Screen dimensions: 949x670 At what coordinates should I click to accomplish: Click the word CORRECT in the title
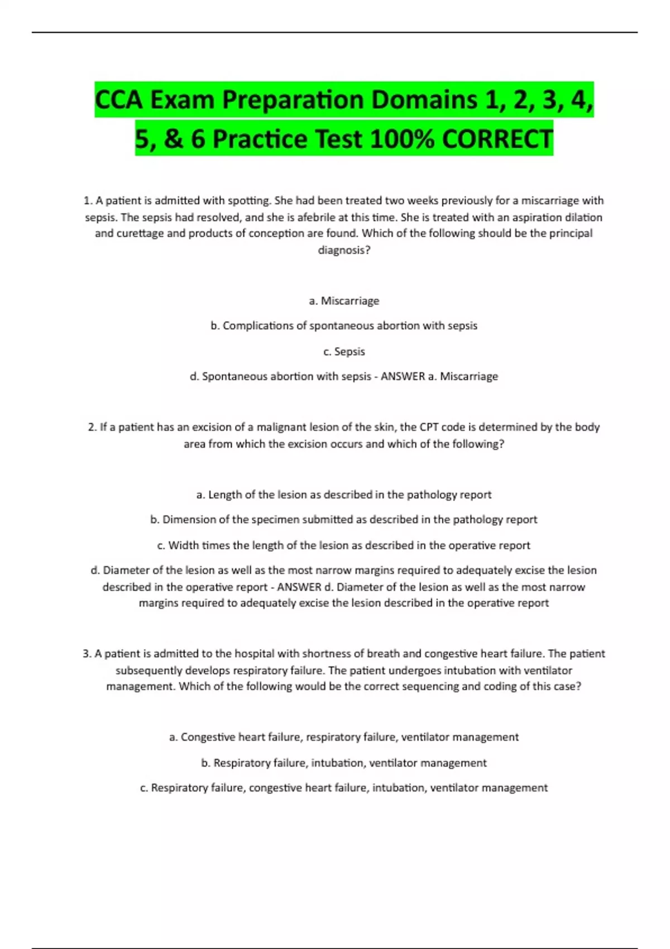click(497, 138)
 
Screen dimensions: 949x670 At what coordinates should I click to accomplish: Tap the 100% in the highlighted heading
click(401, 138)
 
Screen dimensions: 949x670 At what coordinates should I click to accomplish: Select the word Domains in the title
click(424, 100)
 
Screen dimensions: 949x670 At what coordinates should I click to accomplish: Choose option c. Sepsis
click(344, 351)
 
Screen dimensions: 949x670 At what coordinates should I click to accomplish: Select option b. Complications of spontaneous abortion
click(344, 325)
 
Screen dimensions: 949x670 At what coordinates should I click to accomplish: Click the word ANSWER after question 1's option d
click(403, 376)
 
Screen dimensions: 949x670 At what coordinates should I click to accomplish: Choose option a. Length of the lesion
click(344, 495)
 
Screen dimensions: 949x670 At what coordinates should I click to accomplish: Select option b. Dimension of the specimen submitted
click(344, 520)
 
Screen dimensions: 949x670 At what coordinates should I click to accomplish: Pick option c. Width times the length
click(344, 545)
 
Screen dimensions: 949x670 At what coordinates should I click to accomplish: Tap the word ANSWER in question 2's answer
click(299, 587)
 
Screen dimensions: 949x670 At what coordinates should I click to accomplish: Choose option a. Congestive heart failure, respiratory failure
click(344, 737)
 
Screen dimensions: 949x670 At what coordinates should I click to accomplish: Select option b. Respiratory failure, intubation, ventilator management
click(344, 763)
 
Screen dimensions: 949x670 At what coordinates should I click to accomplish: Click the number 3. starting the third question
click(87, 654)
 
